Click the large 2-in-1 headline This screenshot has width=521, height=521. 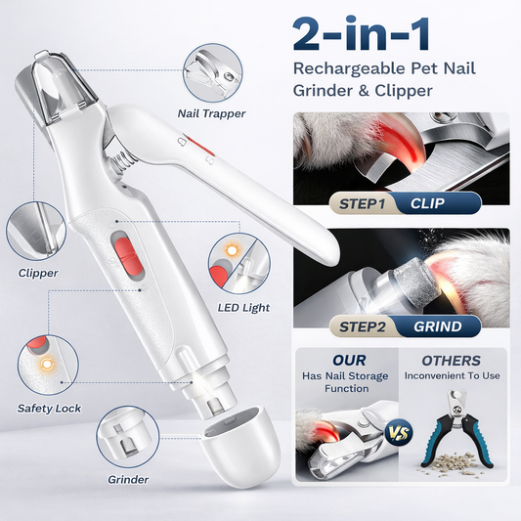(x=362, y=34)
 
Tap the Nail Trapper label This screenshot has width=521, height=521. (x=212, y=113)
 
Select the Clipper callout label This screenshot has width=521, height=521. (x=38, y=273)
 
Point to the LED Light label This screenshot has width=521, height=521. (x=243, y=308)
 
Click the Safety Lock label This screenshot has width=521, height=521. (x=49, y=409)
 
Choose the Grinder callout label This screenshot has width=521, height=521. (x=128, y=480)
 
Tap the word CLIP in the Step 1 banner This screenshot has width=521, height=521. (x=427, y=203)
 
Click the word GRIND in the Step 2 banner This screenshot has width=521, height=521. (x=438, y=326)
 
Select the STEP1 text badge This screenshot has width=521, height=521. (x=363, y=204)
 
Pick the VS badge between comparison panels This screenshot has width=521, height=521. (x=398, y=433)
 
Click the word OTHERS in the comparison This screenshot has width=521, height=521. (x=451, y=361)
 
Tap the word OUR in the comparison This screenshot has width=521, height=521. (x=349, y=361)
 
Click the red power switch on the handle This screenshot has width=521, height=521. (x=127, y=255)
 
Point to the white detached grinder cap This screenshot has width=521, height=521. (x=240, y=448)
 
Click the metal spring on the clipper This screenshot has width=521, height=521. (x=123, y=161)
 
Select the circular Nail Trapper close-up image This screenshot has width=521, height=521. (x=213, y=73)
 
